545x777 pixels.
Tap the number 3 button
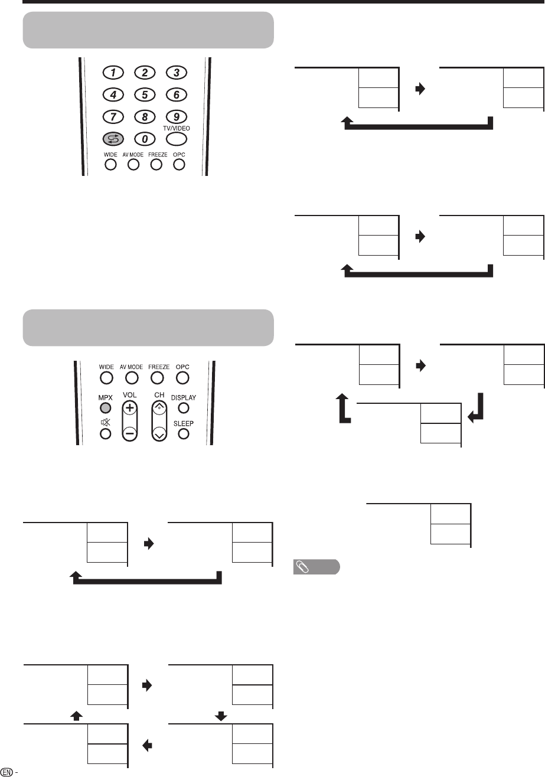click(176, 73)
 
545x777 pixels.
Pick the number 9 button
click(176, 116)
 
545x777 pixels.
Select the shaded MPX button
click(106, 408)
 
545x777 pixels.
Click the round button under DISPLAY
click(184, 408)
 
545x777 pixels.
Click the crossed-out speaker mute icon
click(106, 422)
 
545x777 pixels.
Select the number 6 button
click(176, 94)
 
